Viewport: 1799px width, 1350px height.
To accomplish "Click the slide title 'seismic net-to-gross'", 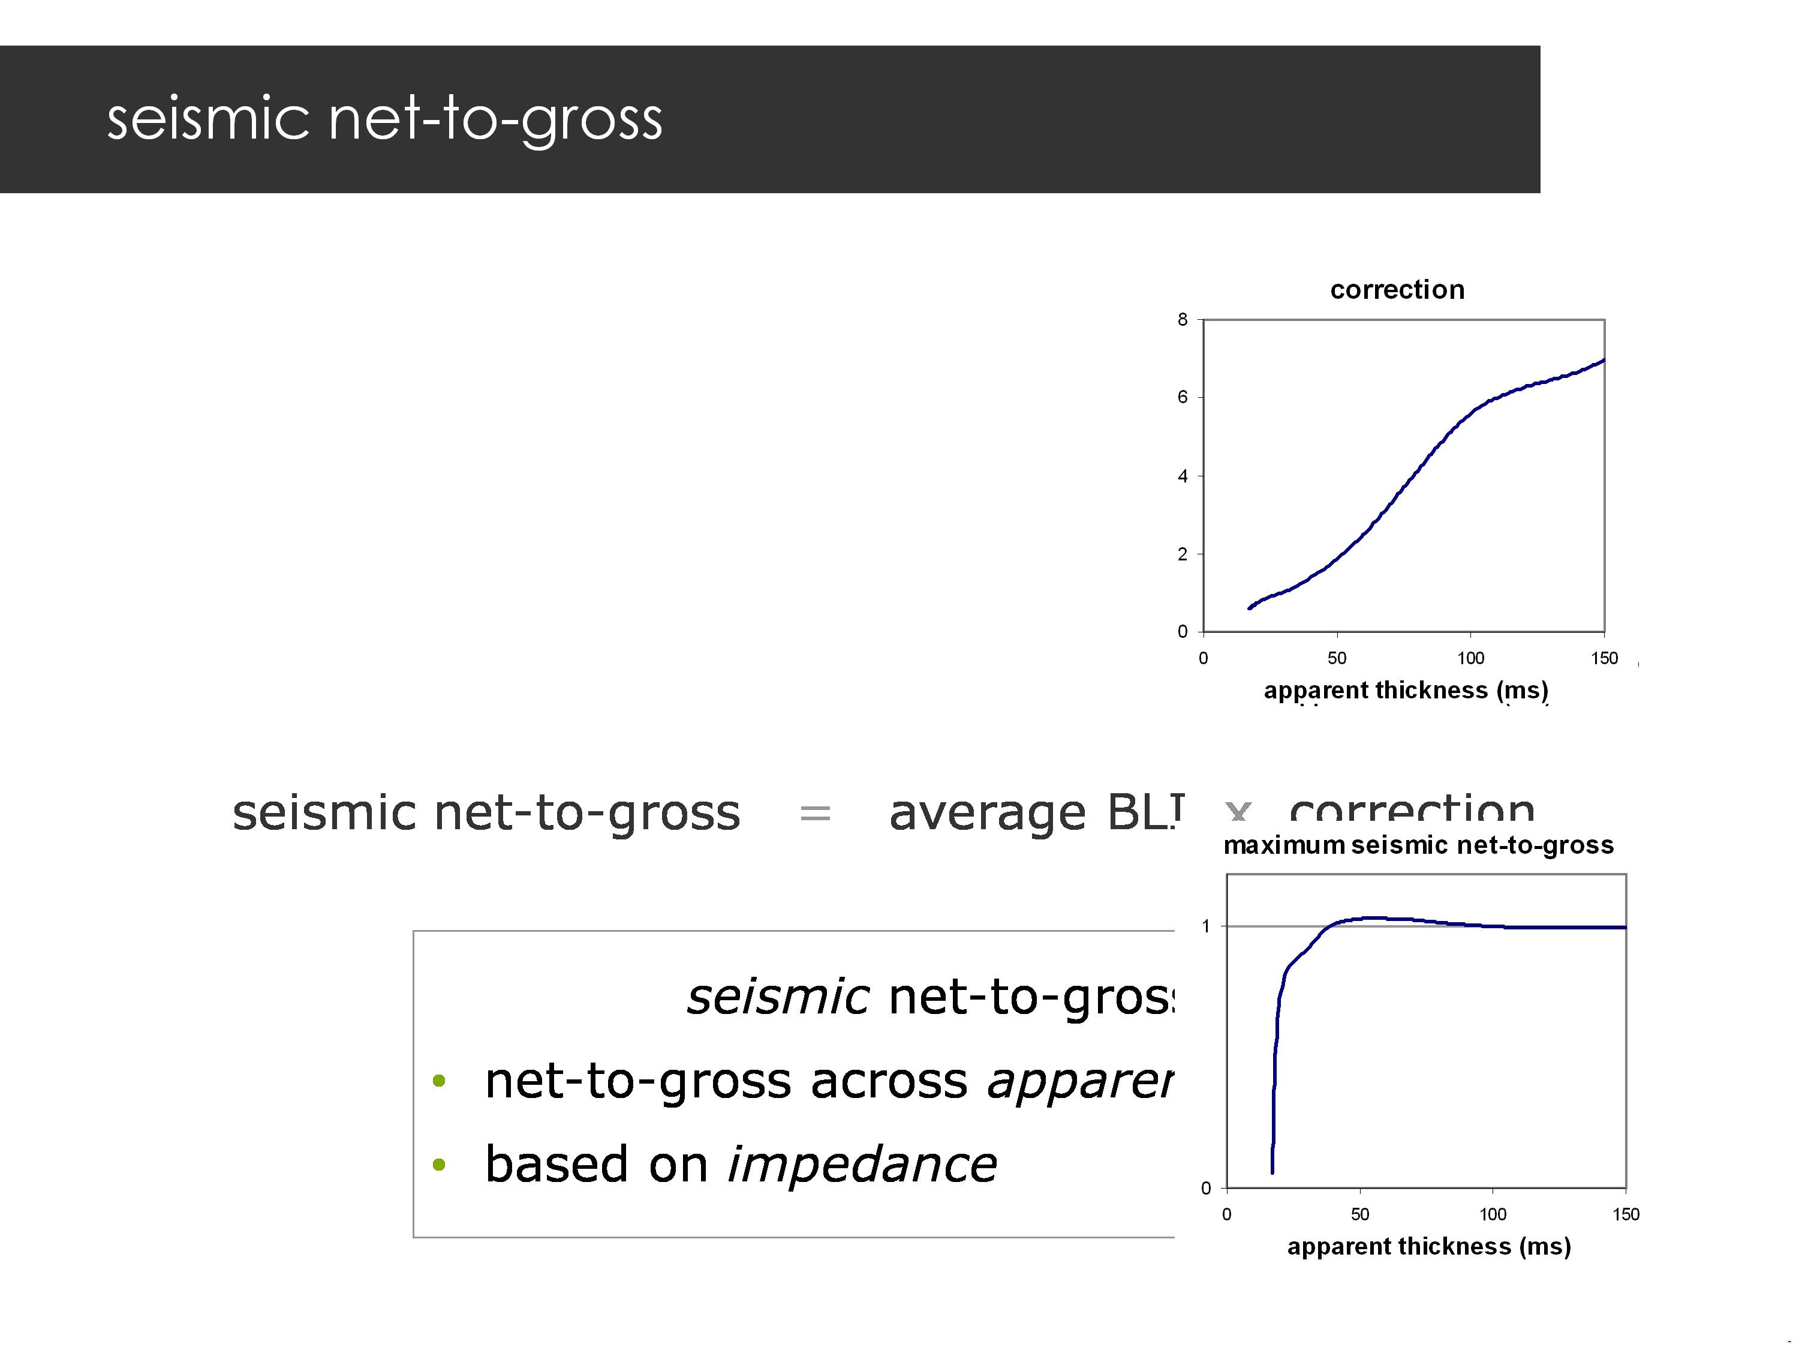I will click(x=385, y=119).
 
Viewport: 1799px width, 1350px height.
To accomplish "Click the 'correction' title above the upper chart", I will click(x=1397, y=290).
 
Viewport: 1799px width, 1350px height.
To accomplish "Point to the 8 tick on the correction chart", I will click(x=1183, y=320).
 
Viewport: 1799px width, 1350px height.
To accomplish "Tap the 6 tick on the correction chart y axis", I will click(x=1183, y=397).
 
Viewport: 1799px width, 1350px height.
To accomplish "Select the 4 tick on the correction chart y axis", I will click(x=1183, y=476).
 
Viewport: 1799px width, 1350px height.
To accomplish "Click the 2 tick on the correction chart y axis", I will click(x=1183, y=554).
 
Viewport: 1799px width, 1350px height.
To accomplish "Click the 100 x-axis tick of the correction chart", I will click(x=1470, y=658).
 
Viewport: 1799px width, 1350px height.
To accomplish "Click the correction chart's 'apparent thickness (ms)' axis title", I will click(x=1406, y=690).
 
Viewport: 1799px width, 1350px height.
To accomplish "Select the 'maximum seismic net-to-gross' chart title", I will click(x=1418, y=845).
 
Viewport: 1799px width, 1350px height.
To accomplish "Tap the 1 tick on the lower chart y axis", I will click(x=1206, y=926).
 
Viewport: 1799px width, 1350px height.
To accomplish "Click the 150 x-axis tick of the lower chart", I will click(x=1625, y=1214).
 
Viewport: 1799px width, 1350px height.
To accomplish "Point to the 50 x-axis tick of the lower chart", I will click(x=1360, y=1214).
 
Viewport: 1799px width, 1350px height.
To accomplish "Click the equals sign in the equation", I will click(x=815, y=813).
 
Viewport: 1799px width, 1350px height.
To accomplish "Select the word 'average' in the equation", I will click(x=986, y=813).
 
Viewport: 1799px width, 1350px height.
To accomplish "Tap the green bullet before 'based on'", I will click(x=439, y=1165).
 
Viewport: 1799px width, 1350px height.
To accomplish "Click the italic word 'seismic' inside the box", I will click(x=778, y=996).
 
